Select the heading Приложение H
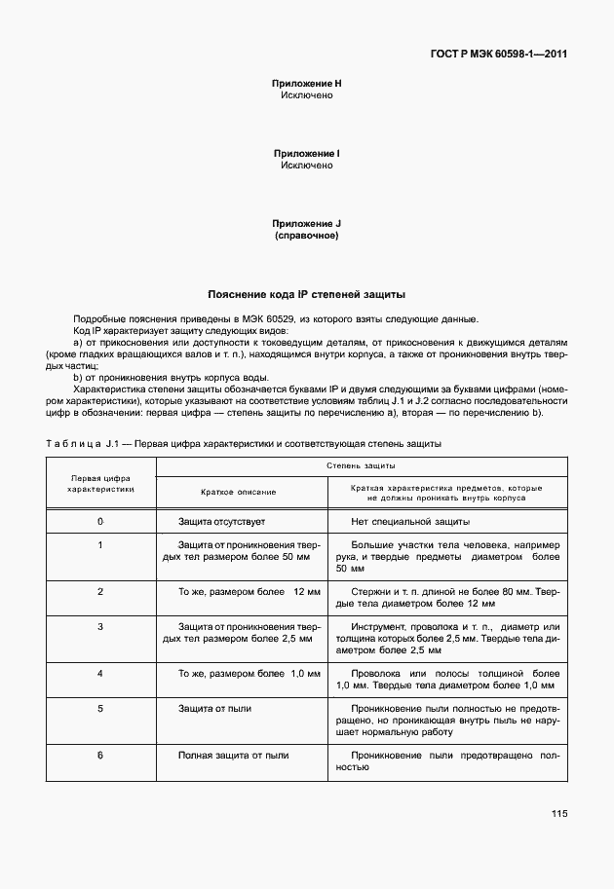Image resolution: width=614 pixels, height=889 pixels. pos(307,84)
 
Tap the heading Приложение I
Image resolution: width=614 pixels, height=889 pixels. pos(307,154)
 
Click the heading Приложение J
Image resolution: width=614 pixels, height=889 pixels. pos(307,224)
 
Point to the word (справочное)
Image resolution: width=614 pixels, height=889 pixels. pos(307,236)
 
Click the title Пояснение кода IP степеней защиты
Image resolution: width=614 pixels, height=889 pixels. pos(307,293)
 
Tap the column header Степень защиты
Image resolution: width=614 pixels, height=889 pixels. pos(360,467)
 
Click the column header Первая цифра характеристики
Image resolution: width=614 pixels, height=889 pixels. pos(100,484)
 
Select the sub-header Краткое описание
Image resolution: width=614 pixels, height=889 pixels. pos(239,494)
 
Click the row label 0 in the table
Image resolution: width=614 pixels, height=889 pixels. pos(100,522)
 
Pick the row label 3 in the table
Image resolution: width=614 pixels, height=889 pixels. pos(100,626)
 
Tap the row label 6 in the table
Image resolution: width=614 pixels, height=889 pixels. pos(100,755)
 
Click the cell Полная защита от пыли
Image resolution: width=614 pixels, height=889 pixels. pos(233,755)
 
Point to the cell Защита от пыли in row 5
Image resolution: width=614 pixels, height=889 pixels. pos(214,709)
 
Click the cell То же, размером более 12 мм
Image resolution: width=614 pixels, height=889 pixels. pos(249,591)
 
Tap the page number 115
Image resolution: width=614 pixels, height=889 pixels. pos(558,814)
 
